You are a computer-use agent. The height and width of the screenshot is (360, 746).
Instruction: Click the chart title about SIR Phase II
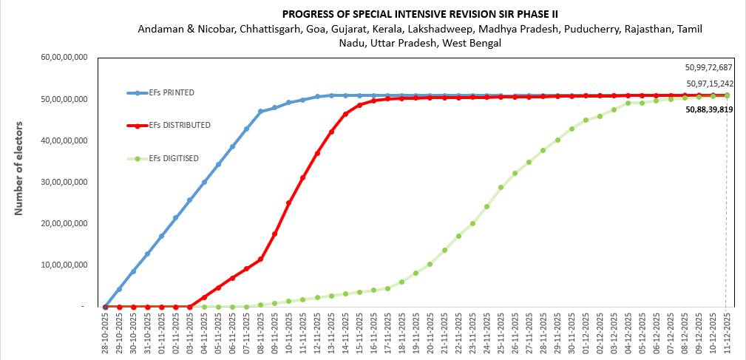(419, 14)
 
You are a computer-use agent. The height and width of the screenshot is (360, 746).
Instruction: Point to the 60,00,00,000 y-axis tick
(65, 58)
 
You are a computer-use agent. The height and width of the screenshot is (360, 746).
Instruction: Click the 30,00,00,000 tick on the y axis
(65, 182)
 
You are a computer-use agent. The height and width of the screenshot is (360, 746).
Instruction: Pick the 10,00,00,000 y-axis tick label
(65, 265)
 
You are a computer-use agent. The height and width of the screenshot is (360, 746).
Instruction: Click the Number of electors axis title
(19, 169)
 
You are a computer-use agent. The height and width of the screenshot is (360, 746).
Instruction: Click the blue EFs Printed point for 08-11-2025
(260, 112)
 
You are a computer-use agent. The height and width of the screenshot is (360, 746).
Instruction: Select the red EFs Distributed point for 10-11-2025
(289, 203)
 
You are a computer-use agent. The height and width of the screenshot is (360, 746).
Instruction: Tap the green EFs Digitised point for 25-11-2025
(501, 187)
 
